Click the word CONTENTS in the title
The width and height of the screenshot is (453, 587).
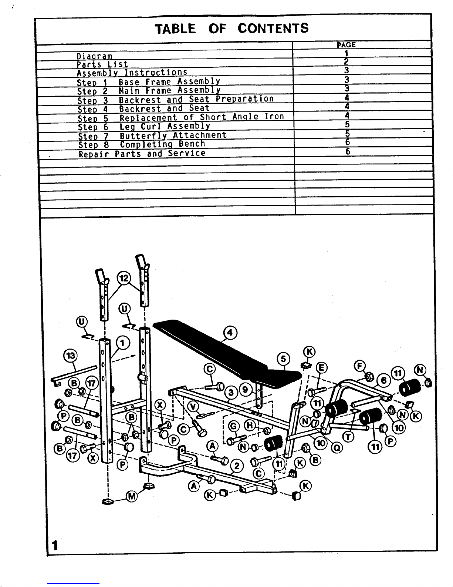click(x=273, y=29)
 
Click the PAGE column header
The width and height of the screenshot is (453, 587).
click(x=346, y=45)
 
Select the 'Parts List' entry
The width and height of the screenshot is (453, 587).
click(x=102, y=64)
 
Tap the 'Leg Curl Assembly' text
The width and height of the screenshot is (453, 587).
click(x=165, y=126)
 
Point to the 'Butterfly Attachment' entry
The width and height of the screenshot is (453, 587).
click(x=173, y=135)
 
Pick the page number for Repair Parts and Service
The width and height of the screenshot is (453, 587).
click(x=348, y=151)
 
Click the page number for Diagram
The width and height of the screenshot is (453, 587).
click(x=346, y=53)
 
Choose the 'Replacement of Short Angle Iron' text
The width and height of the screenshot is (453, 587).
click(x=202, y=117)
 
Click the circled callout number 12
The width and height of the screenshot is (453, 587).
click(x=124, y=278)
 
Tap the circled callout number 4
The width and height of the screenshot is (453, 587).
click(x=230, y=333)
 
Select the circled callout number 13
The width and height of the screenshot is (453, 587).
click(x=70, y=356)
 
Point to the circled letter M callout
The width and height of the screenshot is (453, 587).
click(x=132, y=497)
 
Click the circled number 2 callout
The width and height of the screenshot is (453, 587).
click(x=237, y=466)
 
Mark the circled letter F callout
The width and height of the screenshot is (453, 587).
click(x=359, y=366)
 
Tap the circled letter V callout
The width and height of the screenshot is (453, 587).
click(x=193, y=407)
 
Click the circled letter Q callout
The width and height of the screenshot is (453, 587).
click(x=337, y=448)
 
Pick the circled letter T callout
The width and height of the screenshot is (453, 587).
click(x=348, y=437)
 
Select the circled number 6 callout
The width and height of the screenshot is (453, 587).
click(x=384, y=381)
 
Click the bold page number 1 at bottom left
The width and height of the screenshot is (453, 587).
click(x=55, y=546)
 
